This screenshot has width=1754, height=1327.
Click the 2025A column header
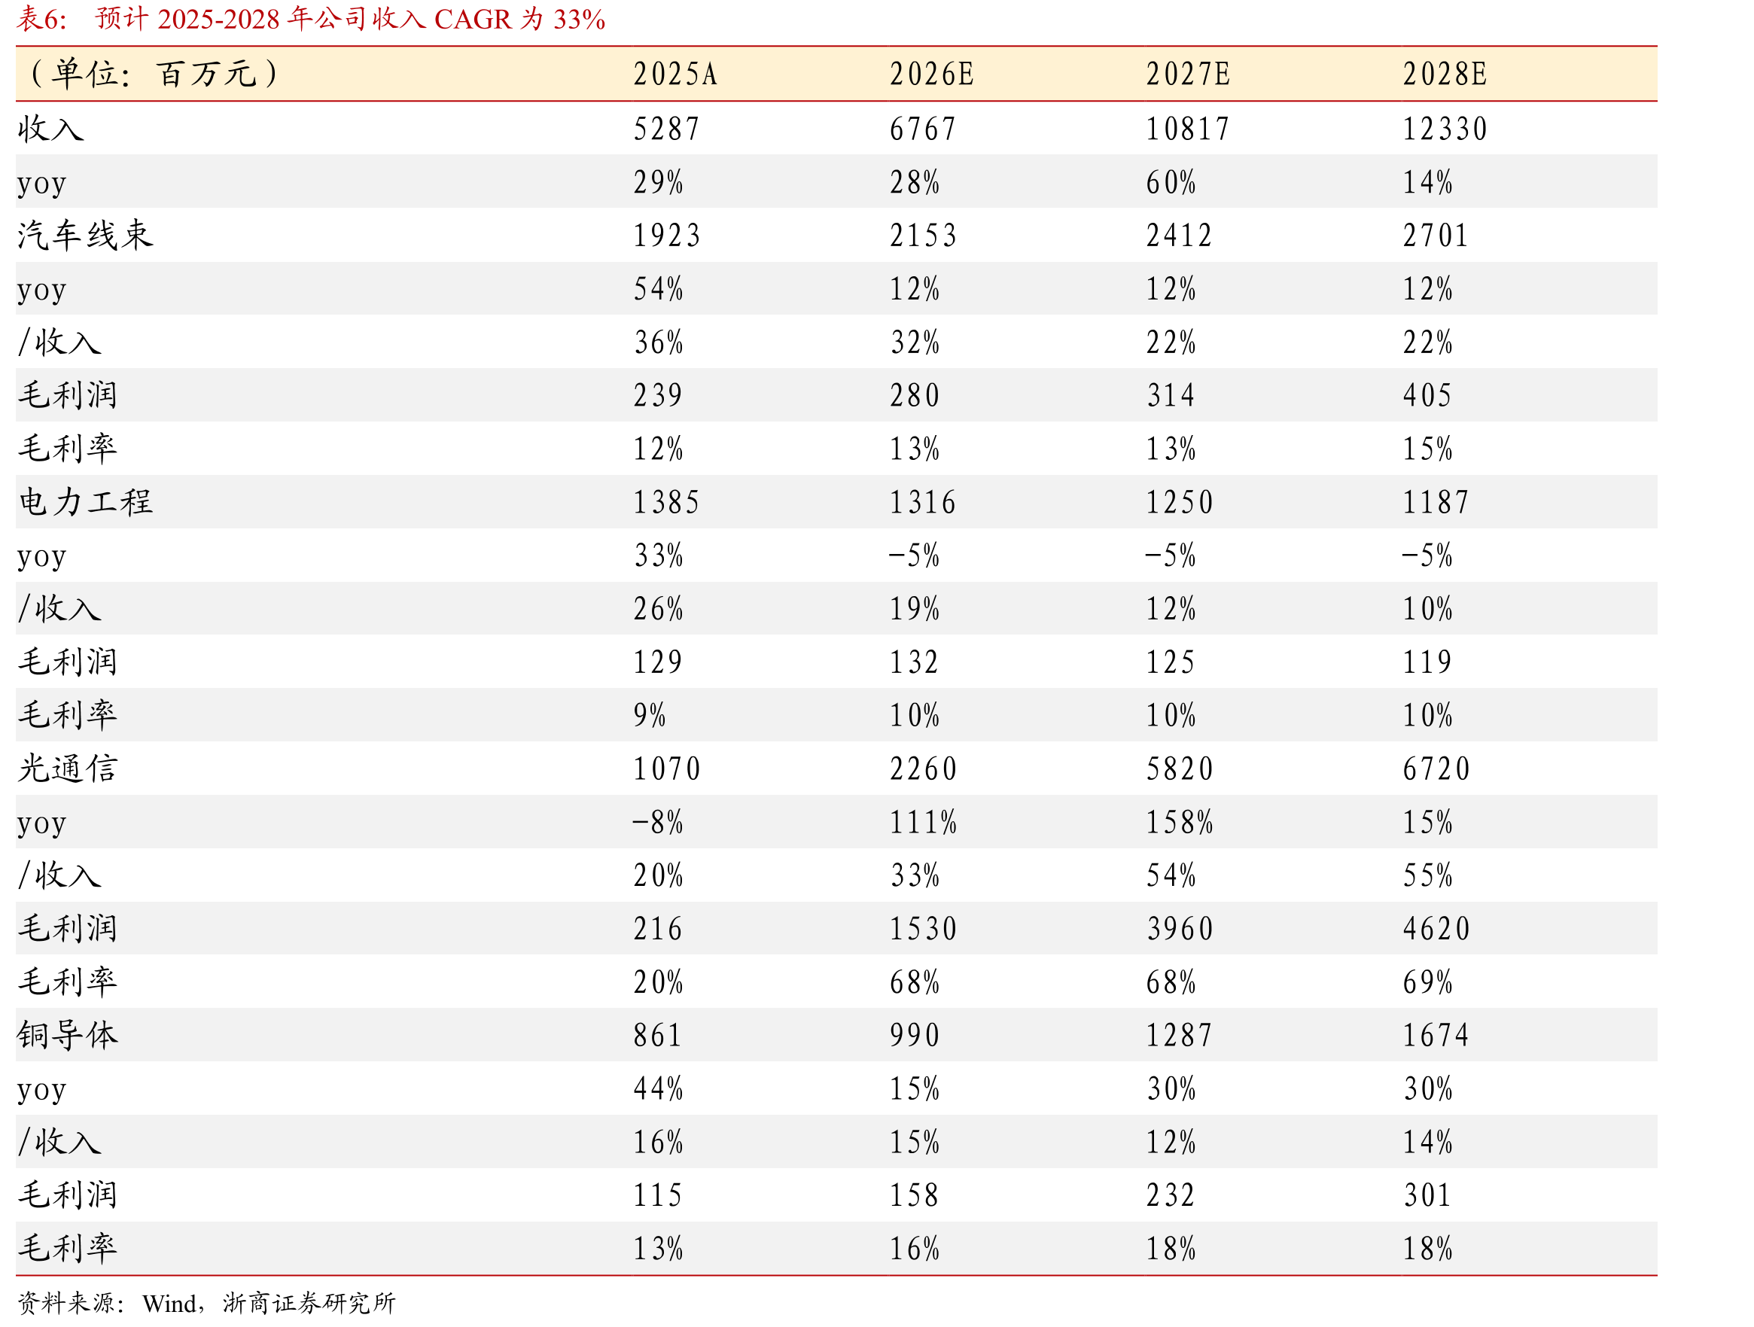point(674,75)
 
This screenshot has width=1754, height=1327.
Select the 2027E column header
point(1188,75)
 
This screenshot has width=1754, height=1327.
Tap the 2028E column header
point(1445,75)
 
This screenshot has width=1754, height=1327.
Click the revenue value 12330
point(1445,129)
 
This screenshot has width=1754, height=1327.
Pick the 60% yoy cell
point(1171,182)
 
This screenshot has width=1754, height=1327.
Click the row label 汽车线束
point(85,236)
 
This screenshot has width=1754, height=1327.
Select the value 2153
point(923,236)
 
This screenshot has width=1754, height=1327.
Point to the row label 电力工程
point(85,502)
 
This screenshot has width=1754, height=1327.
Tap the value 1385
point(666,502)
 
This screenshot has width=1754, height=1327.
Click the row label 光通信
point(68,769)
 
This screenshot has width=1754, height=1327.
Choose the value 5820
point(1180,769)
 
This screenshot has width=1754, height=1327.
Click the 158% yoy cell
point(1180,822)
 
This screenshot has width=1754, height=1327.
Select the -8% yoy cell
point(657,822)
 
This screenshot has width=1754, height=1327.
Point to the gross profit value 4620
point(1437,928)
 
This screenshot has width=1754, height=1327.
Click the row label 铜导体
point(68,1034)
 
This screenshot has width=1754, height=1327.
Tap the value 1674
point(1436,1034)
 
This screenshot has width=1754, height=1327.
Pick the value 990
point(915,1034)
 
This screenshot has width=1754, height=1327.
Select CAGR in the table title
point(473,19)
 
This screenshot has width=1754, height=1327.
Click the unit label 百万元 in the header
point(207,75)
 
